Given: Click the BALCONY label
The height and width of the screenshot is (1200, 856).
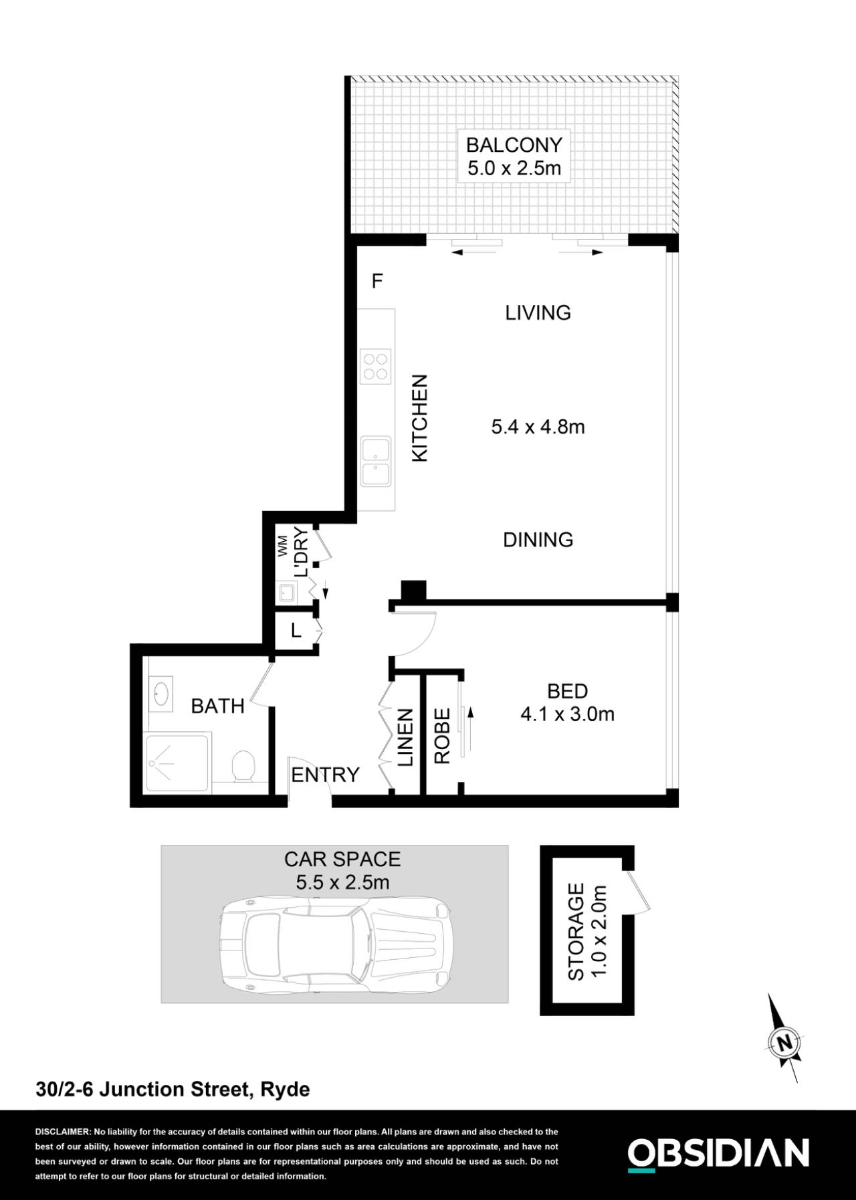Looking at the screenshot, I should (514, 144).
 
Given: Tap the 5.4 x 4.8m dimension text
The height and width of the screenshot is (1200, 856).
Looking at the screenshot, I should (538, 427).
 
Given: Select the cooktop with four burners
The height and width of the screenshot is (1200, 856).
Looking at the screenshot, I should (375, 366).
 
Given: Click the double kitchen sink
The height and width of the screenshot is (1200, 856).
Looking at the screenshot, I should (376, 462).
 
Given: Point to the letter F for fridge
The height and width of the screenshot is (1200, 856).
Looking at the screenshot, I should (377, 282).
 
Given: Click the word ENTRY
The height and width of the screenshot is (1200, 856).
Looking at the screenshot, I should (325, 775).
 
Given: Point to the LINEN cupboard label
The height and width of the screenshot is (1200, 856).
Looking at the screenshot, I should (406, 737).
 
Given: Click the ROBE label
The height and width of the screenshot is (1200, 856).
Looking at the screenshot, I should (442, 737).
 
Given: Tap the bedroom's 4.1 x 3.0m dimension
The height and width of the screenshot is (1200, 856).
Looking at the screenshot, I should (567, 714).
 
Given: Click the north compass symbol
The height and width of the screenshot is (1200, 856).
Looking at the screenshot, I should (784, 1042).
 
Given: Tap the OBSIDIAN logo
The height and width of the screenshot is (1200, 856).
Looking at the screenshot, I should (718, 1154).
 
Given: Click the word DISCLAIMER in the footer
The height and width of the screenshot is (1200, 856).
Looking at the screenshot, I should (62, 1132).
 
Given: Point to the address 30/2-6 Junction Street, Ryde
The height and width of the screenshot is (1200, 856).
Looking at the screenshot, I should (173, 1090).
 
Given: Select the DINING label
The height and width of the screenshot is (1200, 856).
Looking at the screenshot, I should (538, 540).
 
